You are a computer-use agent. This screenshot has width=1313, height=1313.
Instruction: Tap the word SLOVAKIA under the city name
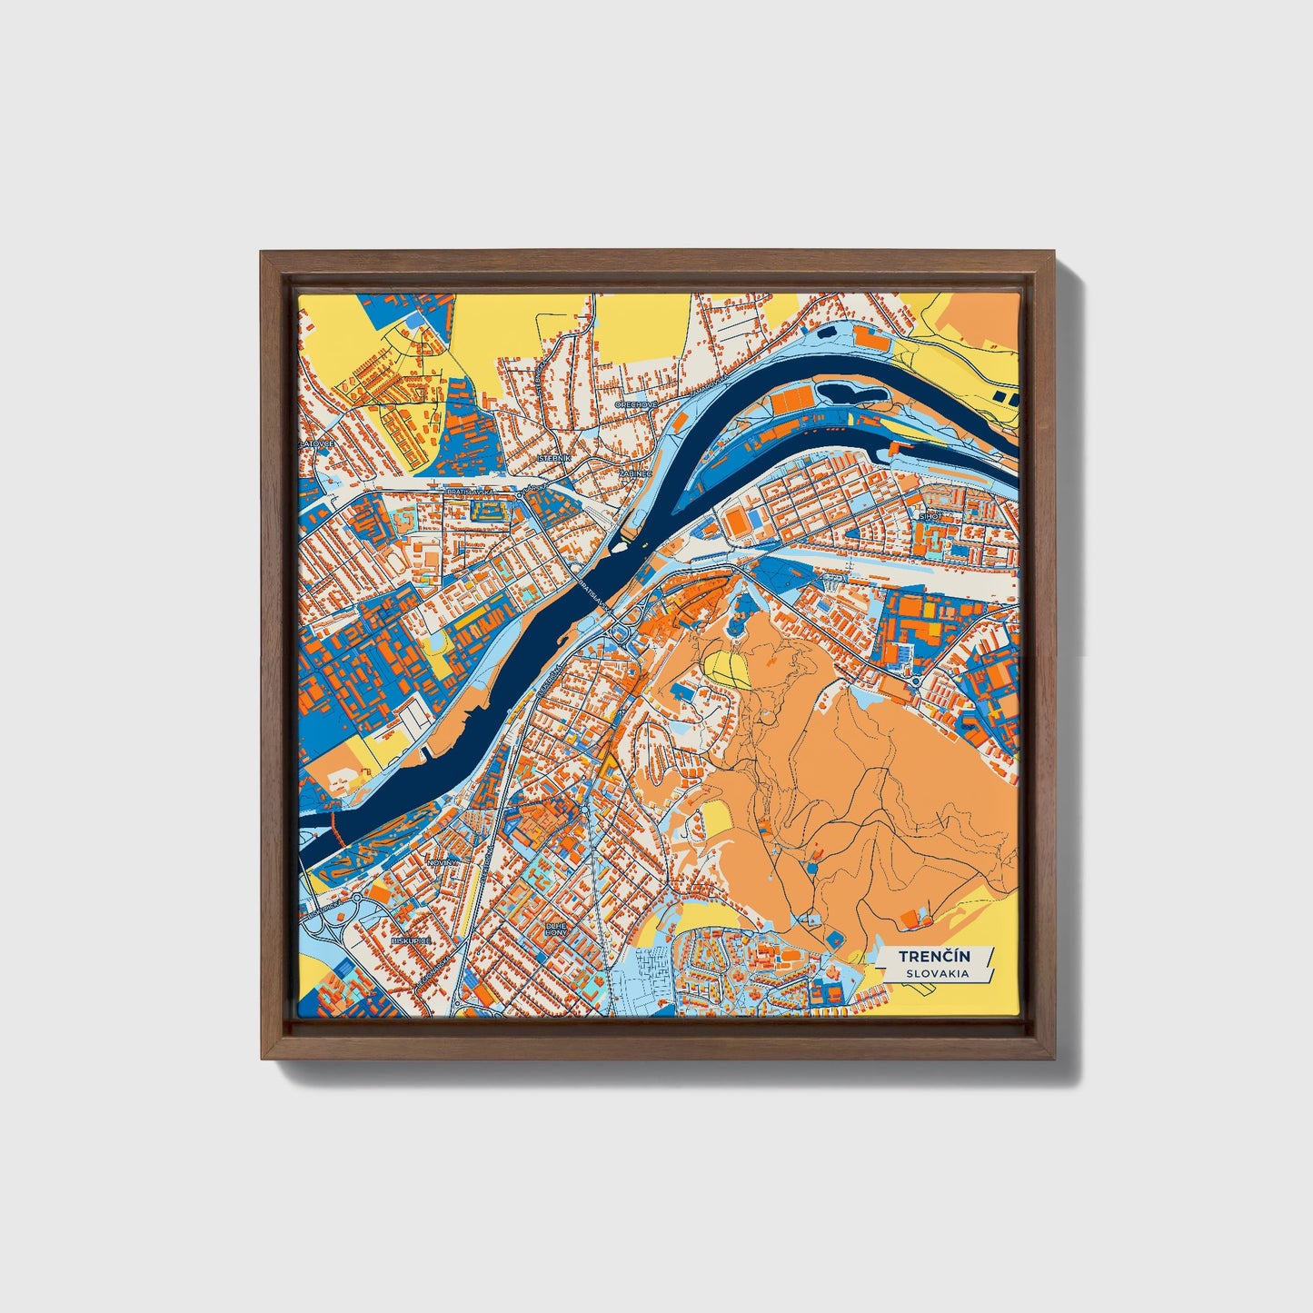[936, 973]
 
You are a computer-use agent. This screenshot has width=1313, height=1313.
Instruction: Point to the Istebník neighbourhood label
[553, 459]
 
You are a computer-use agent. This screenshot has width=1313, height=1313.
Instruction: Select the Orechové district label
[635, 404]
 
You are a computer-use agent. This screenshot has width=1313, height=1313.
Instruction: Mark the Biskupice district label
[411, 941]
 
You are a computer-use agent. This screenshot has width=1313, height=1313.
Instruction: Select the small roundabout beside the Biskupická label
[356, 900]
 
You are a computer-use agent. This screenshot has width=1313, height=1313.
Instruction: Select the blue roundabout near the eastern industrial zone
[916, 681]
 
